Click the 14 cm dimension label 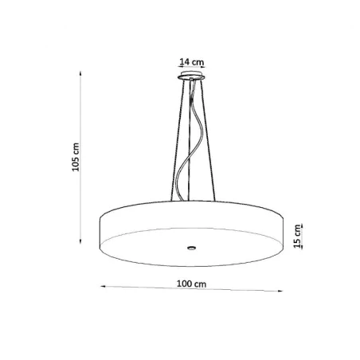(192, 61)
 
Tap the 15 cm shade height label (297, 237)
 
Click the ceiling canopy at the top (191, 76)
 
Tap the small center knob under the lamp (192, 248)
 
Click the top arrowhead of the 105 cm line (83, 72)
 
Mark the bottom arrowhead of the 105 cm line (83, 241)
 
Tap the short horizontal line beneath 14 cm (192, 68)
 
